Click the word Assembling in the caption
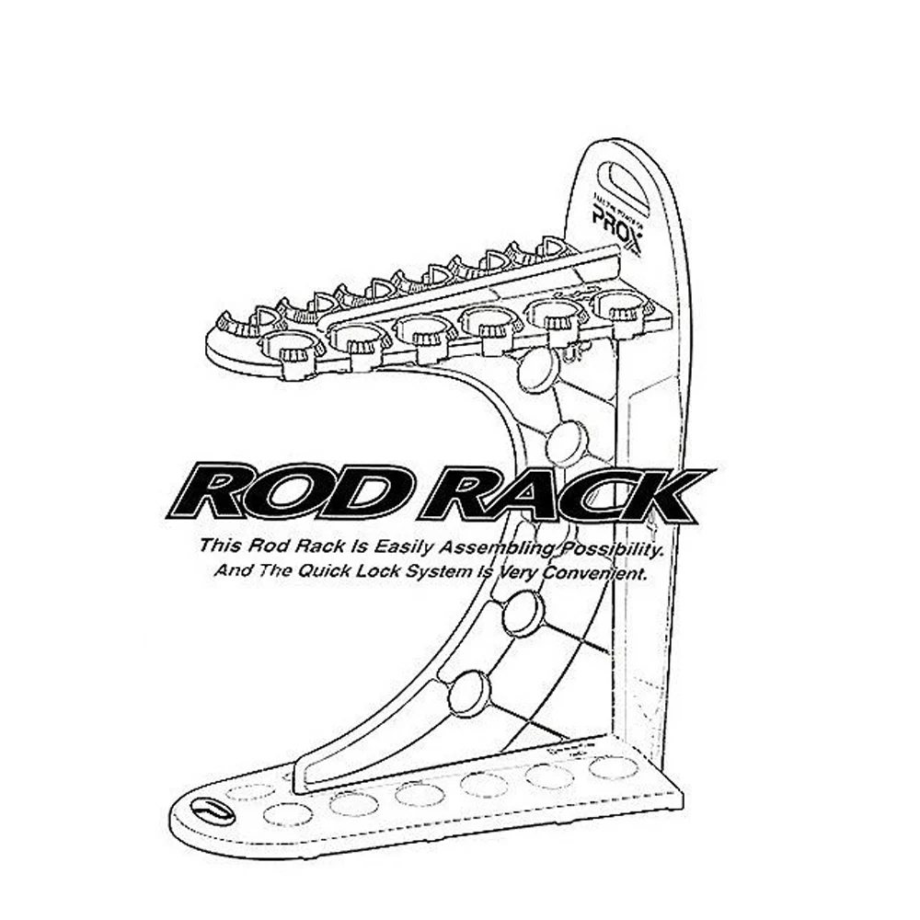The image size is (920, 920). pos(470,547)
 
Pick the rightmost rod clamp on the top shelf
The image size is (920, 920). pos(622,306)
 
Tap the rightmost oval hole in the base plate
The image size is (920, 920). pos(613,767)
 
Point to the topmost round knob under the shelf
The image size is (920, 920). pos(538,370)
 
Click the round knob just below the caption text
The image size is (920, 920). pos(523,612)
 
